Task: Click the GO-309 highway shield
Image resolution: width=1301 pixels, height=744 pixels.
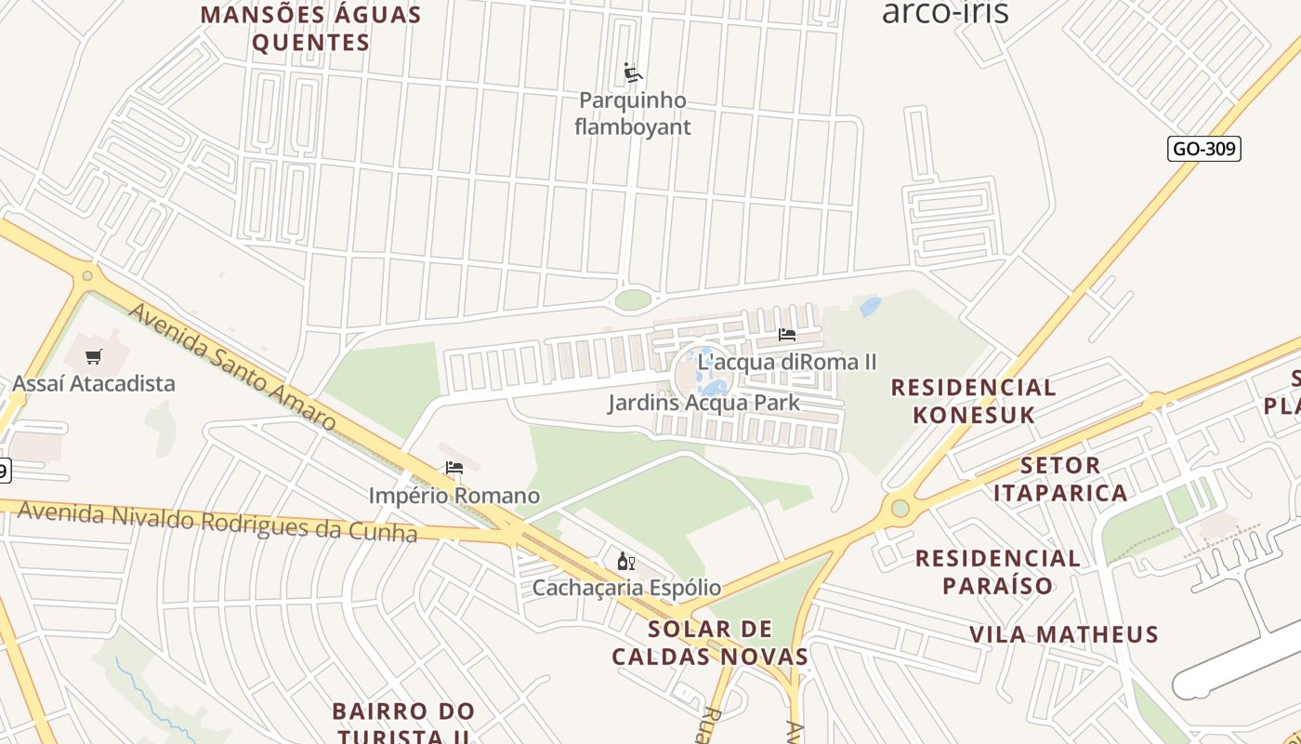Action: click(x=1203, y=149)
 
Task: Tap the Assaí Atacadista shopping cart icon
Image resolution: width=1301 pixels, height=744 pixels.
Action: click(x=93, y=356)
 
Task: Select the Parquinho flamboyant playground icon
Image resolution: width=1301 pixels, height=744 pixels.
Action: click(x=633, y=73)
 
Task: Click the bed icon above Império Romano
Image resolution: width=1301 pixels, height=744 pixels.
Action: click(x=454, y=468)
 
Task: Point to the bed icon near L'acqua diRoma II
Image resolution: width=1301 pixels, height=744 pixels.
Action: click(x=786, y=335)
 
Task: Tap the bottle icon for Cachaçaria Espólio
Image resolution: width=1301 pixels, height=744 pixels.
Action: click(x=625, y=561)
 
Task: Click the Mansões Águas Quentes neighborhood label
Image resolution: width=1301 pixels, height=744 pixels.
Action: click(x=311, y=29)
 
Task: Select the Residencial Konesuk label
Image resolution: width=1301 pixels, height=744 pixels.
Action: click(x=974, y=401)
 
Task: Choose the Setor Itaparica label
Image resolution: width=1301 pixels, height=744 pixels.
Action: click(x=1060, y=478)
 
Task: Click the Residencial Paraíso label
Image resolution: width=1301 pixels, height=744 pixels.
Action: click(x=998, y=571)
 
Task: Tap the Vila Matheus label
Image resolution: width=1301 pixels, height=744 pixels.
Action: click(x=1064, y=634)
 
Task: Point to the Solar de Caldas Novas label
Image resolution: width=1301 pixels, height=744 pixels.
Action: click(x=711, y=642)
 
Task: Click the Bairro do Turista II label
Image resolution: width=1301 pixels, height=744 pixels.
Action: click(x=403, y=724)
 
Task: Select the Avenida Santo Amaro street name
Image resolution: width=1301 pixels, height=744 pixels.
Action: click(x=231, y=366)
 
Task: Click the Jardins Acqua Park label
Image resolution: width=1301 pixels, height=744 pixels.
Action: click(x=703, y=403)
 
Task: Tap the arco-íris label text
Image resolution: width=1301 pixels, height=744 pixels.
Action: click(x=944, y=12)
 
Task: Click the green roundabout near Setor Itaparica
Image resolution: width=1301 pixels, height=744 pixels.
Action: click(x=900, y=508)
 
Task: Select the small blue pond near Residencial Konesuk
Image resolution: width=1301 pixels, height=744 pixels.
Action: click(x=870, y=306)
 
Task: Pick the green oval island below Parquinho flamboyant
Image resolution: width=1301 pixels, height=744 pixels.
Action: click(x=633, y=299)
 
